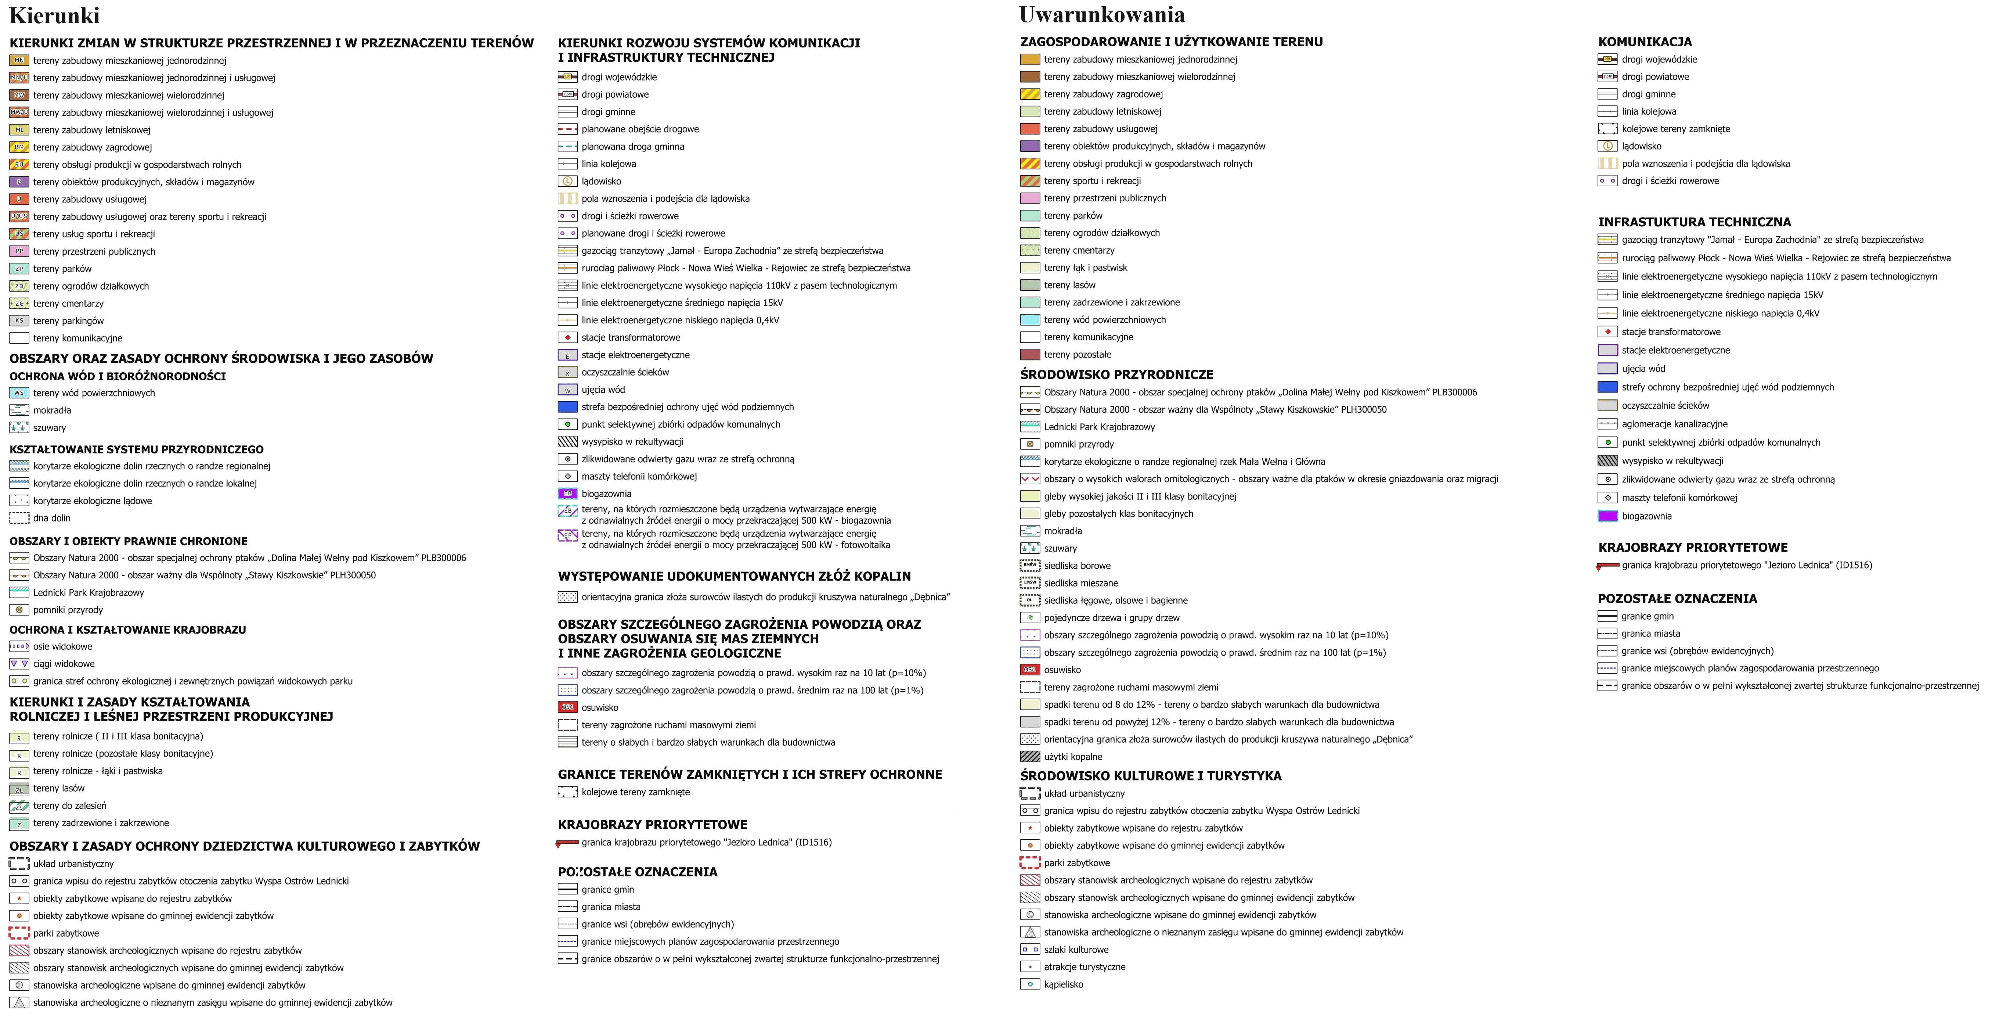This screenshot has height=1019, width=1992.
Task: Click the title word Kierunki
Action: (54, 15)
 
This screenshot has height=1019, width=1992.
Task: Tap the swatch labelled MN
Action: (19, 60)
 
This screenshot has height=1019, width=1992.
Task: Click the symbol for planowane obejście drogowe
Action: (568, 129)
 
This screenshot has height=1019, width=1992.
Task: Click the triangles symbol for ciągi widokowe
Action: (19, 664)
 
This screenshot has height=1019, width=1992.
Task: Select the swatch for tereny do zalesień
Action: (19, 806)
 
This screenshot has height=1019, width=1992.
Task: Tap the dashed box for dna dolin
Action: (19, 519)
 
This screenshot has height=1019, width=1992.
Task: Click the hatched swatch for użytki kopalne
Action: (1030, 757)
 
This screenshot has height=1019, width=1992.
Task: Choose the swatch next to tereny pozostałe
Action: (1030, 354)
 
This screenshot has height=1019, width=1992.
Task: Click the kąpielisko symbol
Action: (1030, 984)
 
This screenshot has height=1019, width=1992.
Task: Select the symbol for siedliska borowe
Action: (1030, 566)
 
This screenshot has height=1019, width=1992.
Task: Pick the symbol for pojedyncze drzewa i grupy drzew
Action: (1030, 617)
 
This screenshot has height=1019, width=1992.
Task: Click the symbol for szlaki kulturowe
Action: (1030, 950)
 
